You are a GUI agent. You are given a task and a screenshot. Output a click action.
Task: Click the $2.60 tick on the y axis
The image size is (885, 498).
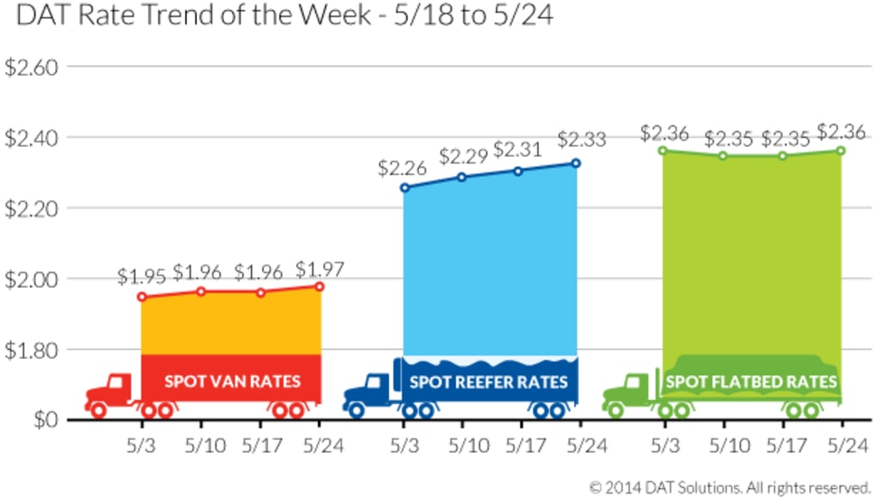pos(32,67)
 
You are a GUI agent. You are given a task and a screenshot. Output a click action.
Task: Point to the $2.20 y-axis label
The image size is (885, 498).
pos(32,208)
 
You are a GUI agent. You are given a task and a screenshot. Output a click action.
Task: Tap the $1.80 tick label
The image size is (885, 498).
pos(32,349)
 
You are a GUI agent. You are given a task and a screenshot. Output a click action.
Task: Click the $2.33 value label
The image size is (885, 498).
pos(581,141)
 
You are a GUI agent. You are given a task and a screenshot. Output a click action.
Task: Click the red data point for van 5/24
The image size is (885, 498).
pos(320,286)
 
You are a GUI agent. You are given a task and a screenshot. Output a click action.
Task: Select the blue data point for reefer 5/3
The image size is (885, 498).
pos(405,188)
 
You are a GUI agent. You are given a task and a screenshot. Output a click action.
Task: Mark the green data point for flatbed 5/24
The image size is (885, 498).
pos(840,151)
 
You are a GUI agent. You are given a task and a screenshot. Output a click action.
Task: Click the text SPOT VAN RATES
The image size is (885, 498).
pos(232,382)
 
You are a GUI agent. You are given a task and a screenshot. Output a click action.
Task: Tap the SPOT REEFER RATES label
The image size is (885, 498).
pos(489,382)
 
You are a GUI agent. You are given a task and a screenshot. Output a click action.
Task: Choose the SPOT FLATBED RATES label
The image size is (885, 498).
pos(751,382)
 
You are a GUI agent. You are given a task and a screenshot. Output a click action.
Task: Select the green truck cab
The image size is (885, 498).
pos(629,392)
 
